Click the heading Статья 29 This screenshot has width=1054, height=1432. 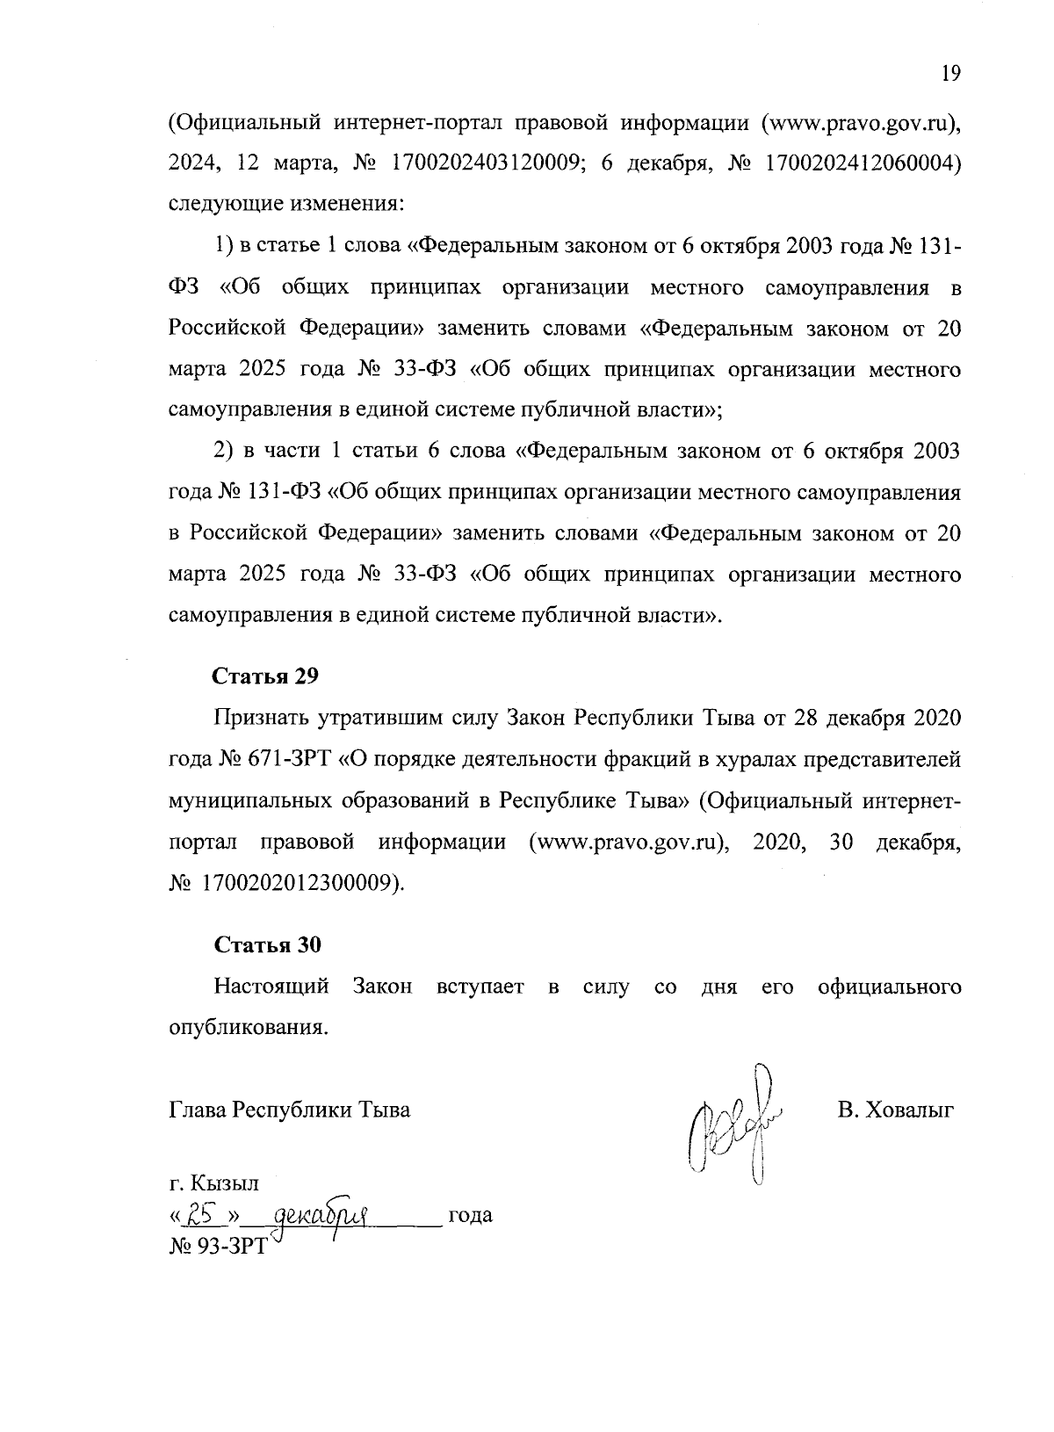tap(265, 676)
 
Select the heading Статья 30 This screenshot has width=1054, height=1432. tap(268, 944)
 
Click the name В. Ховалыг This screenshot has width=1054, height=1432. tap(895, 1110)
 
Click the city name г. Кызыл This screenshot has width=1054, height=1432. tap(213, 1182)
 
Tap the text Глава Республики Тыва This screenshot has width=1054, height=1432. tap(289, 1110)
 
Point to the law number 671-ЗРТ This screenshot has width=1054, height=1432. tap(292, 758)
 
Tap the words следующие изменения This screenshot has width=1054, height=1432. tap(285, 204)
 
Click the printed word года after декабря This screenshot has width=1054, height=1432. tap(470, 1216)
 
